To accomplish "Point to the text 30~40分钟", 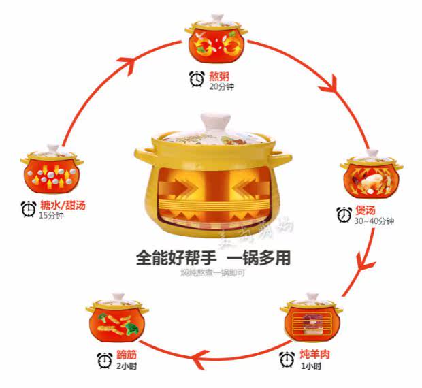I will [374, 222].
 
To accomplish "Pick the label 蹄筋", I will [127, 355].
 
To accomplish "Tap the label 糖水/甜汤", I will [63, 204].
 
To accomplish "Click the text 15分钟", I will [50, 215].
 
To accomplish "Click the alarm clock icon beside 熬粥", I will [197, 80].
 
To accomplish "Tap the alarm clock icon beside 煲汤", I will [345, 216].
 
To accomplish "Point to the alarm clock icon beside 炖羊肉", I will [287, 359].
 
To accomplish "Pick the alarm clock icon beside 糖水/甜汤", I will [29, 209].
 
